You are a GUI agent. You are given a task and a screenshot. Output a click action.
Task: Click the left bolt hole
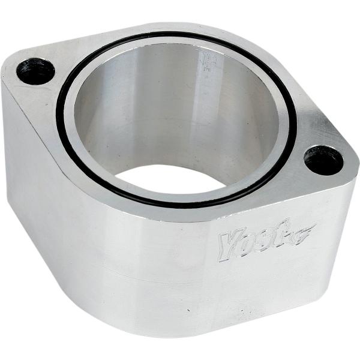35,72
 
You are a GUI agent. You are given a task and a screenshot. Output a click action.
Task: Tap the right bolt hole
322,160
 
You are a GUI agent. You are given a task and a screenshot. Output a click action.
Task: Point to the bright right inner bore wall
252,120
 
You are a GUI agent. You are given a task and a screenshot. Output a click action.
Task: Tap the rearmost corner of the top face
180,28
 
